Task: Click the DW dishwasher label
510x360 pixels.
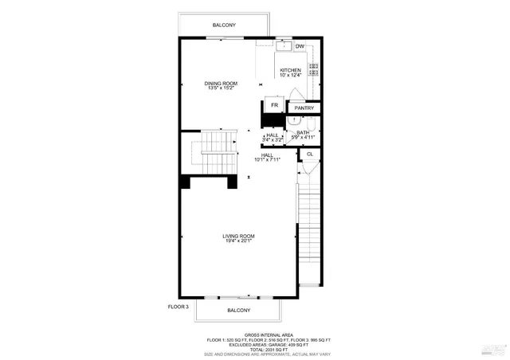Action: (x=300, y=47)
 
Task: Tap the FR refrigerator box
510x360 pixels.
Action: (x=274, y=105)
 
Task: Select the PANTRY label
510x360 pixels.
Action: (x=304, y=108)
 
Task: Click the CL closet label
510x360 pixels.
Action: (x=309, y=154)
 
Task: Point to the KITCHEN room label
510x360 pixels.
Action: (x=290, y=70)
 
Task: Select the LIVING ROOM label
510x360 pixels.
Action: (x=238, y=236)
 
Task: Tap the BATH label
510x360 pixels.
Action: (x=303, y=132)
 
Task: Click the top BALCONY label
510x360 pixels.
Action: (x=223, y=26)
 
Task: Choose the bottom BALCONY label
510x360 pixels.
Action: (x=238, y=310)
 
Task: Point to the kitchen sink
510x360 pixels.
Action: (x=284, y=46)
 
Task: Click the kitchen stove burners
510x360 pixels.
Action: (x=313, y=72)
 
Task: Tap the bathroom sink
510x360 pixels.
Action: (x=294, y=120)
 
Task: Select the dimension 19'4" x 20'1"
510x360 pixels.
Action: (x=238, y=242)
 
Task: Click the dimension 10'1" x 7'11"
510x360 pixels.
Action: (x=278, y=160)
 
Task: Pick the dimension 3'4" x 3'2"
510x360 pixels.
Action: (x=273, y=140)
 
